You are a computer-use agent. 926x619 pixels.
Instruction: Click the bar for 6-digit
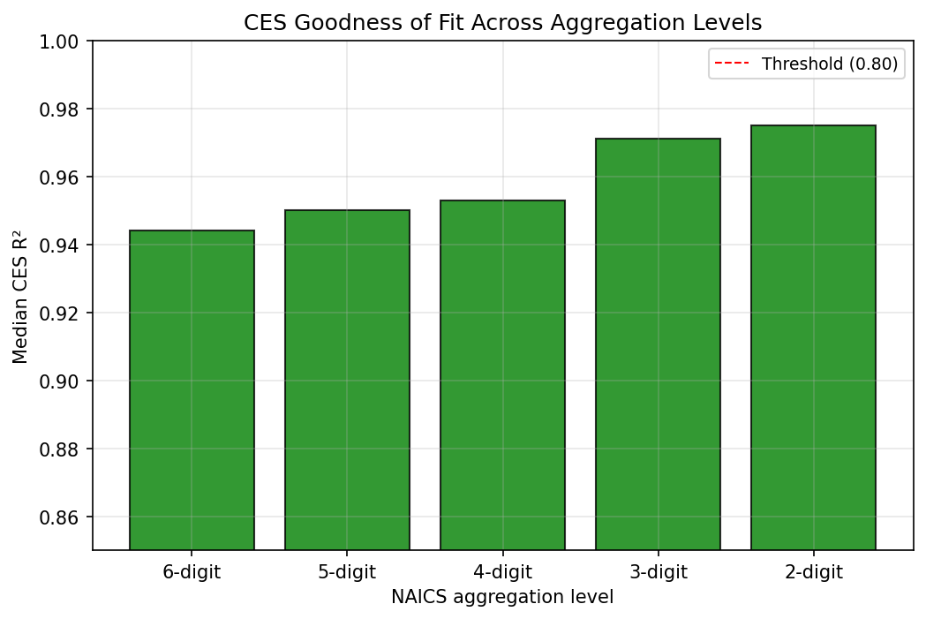(x=192, y=389)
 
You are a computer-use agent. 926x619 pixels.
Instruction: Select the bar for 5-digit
(x=347, y=380)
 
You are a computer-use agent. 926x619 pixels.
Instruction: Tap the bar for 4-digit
(x=502, y=374)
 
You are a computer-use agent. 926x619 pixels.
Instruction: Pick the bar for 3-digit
(x=658, y=343)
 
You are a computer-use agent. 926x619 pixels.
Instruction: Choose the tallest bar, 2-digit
(x=813, y=337)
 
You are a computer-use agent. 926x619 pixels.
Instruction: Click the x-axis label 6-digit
(x=192, y=572)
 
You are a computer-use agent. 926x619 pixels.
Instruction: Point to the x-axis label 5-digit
(x=347, y=572)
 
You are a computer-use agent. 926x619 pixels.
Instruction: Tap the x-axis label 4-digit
(x=502, y=572)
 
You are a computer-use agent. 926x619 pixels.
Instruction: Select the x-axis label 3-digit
(x=658, y=572)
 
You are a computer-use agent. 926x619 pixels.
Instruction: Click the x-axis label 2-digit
(x=813, y=572)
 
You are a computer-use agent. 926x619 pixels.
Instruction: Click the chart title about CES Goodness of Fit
(x=502, y=22)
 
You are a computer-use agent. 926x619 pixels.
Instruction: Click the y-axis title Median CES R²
(x=20, y=296)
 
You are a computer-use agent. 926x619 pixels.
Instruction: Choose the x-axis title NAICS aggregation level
(x=502, y=598)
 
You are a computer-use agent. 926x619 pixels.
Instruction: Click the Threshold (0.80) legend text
(x=829, y=64)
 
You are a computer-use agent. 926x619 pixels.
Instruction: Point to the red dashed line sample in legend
(x=733, y=64)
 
